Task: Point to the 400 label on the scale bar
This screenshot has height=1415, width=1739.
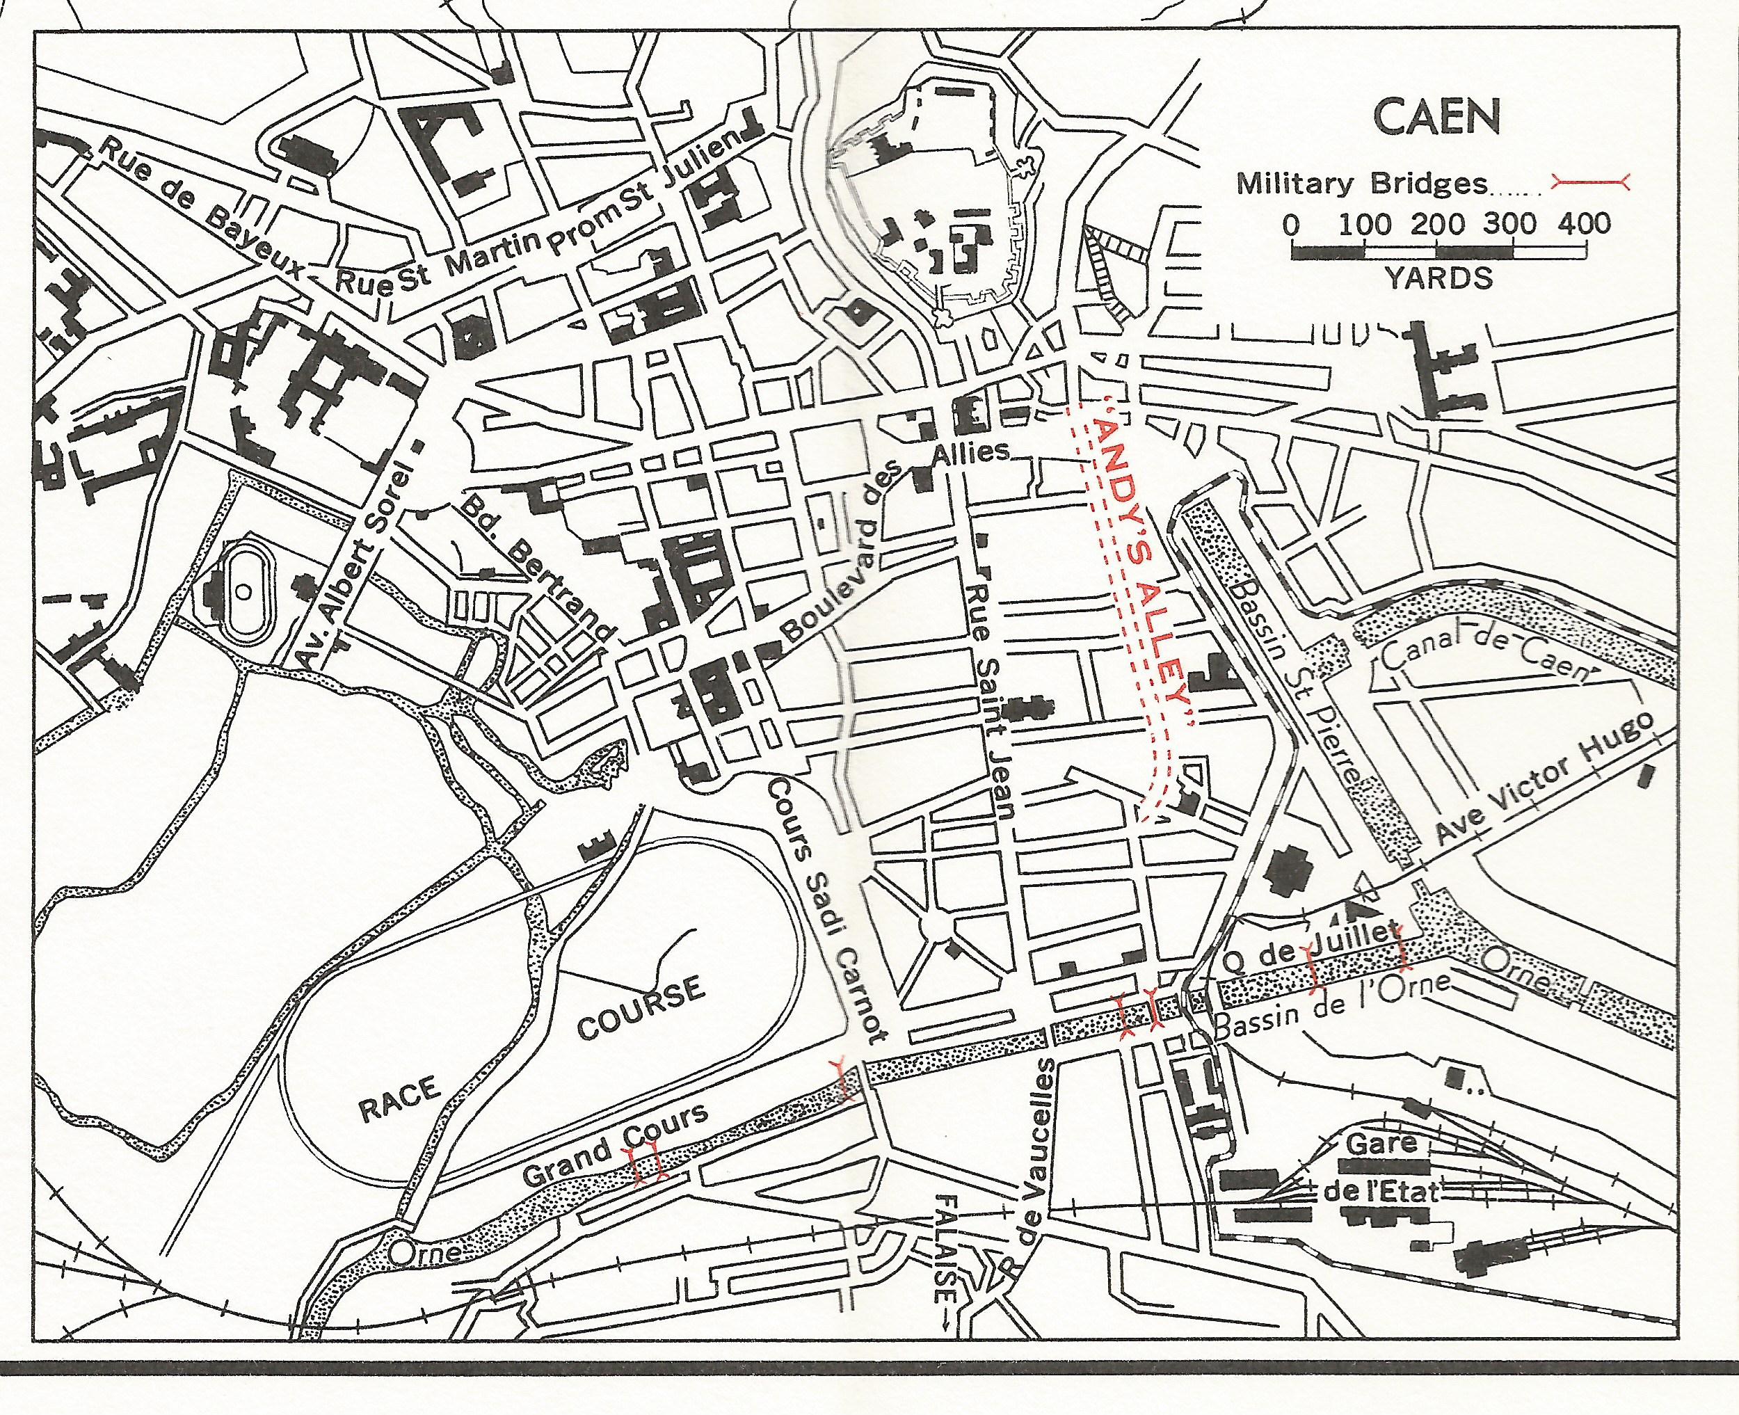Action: pyautogui.click(x=1584, y=223)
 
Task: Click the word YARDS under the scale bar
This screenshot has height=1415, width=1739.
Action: pyautogui.click(x=1439, y=279)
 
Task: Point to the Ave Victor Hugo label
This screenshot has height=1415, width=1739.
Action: pyautogui.click(x=1547, y=778)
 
